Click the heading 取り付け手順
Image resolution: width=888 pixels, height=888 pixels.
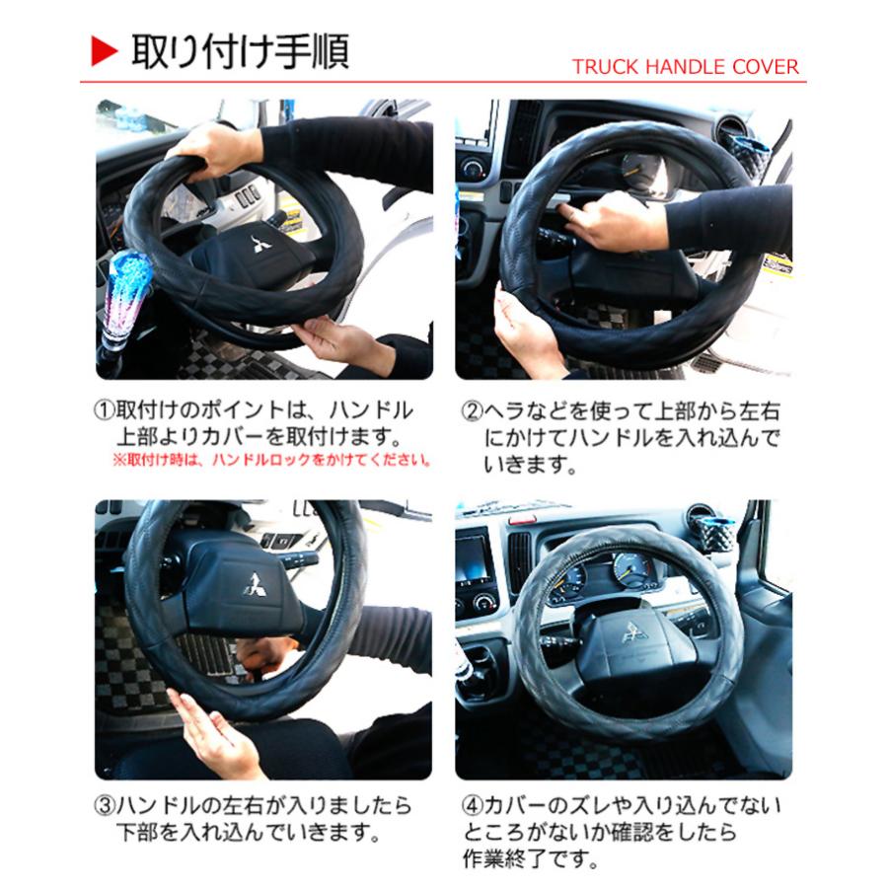[x=241, y=51]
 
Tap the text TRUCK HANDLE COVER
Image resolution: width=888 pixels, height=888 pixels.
[x=685, y=67]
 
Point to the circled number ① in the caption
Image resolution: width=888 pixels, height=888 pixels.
[x=105, y=410]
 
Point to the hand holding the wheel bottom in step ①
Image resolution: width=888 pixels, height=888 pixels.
[x=335, y=340]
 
